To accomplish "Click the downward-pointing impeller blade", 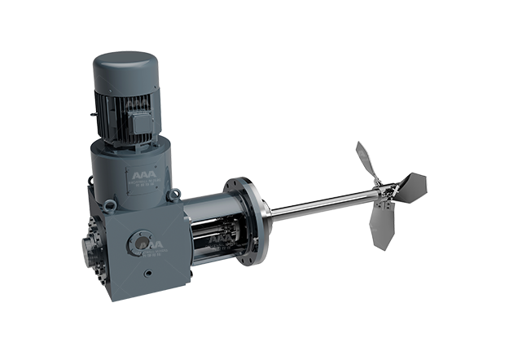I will [x=380, y=229].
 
